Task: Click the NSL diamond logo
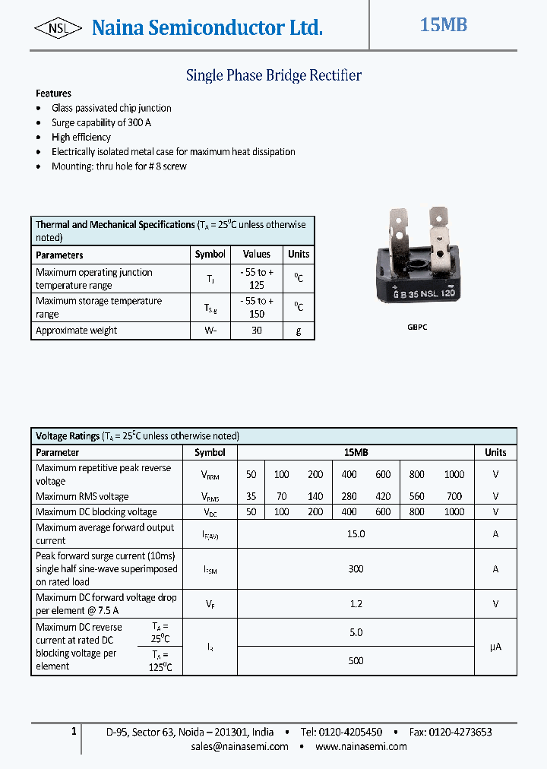click(58, 29)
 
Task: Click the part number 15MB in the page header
click(444, 25)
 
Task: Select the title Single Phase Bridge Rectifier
click(273, 75)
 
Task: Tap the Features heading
click(53, 93)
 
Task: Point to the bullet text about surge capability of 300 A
click(101, 122)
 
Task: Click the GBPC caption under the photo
click(417, 326)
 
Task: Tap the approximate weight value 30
click(257, 331)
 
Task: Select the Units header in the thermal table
click(299, 255)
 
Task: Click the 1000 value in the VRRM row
click(454, 474)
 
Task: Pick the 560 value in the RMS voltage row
click(416, 496)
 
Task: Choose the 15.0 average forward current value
click(356, 534)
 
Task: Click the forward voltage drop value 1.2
click(356, 604)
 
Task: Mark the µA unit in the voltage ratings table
click(495, 647)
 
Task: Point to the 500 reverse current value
click(356, 661)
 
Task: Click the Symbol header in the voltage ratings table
click(210, 452)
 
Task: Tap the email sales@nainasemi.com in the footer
click(240, 746)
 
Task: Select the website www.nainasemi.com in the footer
click(361, 746)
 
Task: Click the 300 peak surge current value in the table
click(356, 569)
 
